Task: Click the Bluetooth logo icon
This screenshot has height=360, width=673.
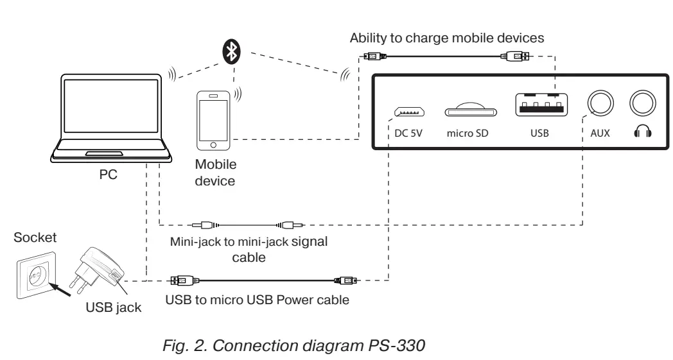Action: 231,51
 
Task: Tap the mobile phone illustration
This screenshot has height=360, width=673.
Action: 213,121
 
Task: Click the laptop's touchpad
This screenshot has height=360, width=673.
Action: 104,153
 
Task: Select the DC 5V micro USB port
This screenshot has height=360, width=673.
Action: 410,112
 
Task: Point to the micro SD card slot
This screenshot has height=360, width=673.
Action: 471,110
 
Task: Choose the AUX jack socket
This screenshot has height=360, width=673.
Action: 600,103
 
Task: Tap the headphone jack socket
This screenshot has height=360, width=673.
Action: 643,103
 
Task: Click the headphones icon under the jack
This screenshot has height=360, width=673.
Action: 643,131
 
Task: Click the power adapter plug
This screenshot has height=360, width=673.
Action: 96,271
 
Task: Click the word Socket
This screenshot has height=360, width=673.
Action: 35,237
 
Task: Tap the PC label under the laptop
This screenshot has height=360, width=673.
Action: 108,175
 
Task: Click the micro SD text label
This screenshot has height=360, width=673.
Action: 468,133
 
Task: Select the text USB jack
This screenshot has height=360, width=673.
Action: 113,307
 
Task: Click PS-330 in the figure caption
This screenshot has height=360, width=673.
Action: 397,345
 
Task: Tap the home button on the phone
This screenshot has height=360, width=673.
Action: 213,144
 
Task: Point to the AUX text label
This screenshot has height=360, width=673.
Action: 600,133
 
